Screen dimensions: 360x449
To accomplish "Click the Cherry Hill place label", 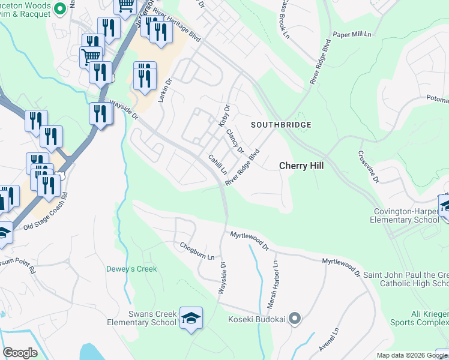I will point(301,166).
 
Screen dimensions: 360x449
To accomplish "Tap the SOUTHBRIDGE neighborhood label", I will point(281,125).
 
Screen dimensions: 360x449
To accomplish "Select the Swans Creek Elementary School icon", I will point(191,320).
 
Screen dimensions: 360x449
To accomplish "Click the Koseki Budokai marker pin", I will point(294,318).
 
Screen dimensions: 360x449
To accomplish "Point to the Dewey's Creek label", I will point(131,269).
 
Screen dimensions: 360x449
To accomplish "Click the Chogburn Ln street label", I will point(197,251).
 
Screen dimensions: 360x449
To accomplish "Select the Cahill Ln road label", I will point(217,163).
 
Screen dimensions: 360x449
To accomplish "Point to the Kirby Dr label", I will point(223,116).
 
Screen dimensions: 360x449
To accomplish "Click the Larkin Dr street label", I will point(165,89).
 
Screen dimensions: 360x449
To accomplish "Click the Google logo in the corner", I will point(20,353).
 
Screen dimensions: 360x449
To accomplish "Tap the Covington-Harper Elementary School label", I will point(407,215).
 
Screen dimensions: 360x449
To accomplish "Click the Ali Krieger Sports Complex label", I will point(421,318).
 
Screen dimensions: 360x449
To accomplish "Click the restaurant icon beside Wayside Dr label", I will point(100,115).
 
